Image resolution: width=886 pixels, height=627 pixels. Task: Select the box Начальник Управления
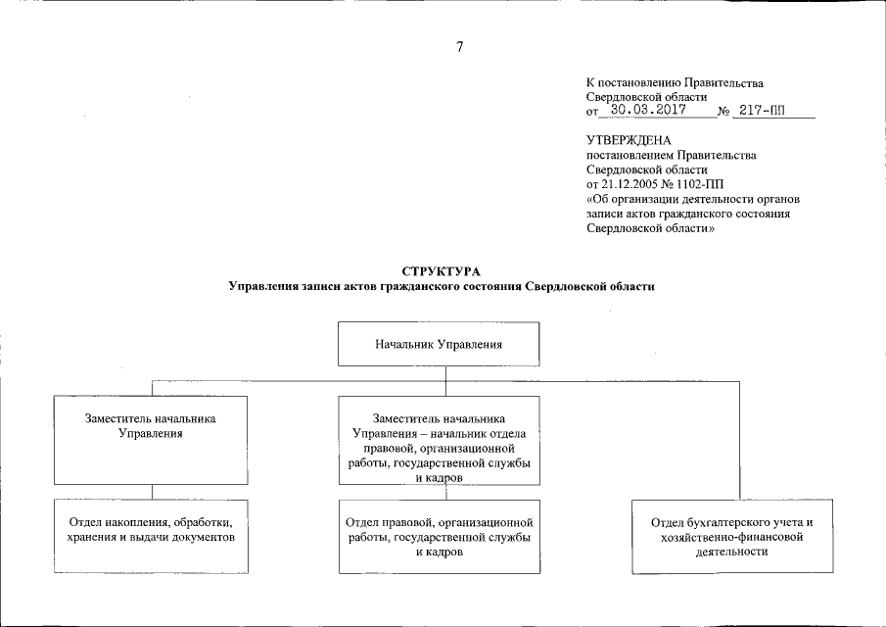pyautogui.click(x=441, y=345)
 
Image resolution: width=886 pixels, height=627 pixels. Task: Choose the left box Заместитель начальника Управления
pyautogui.click(x=150, y=439)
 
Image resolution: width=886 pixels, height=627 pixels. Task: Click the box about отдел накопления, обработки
pyautogui.click(x=150, y=536)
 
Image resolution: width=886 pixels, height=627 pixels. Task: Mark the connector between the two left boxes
pyautogui.click(x=150, y=492)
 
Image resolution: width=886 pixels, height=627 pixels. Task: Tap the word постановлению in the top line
pyautogui.click(x=641, y=83)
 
